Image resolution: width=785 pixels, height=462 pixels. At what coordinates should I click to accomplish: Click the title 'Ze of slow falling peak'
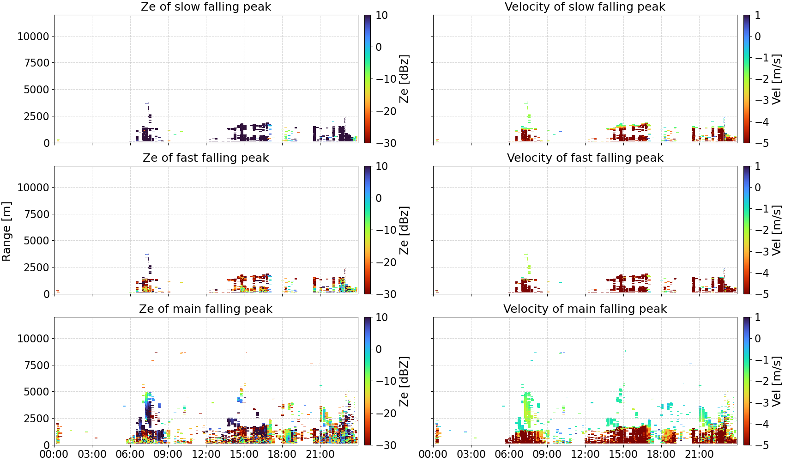tap(205, 6)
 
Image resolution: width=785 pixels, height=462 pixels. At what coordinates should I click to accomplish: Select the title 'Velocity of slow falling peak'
tap(585, 6)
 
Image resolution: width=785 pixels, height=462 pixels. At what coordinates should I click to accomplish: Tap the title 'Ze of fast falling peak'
tap(205, 158)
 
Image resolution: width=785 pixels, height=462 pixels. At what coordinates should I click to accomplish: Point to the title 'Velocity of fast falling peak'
tap(585, 158)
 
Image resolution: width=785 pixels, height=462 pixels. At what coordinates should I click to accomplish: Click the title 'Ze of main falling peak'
tap(205, 309)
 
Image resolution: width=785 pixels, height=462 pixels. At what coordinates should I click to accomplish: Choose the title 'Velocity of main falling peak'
tap(585, 309)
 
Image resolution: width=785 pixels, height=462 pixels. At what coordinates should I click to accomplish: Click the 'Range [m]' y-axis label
tap(6, 231)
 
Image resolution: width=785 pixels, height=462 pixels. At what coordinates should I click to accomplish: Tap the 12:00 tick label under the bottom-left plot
tap(206, 454)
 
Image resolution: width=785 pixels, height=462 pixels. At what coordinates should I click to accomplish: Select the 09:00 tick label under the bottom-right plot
tap(547, 454)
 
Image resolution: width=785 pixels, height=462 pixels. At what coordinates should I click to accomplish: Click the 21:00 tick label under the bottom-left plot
tap(320, 454)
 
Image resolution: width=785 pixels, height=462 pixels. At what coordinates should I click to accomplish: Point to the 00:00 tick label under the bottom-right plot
tap(433, 454)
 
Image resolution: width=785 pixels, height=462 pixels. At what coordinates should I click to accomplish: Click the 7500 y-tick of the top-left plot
tap(37, 63)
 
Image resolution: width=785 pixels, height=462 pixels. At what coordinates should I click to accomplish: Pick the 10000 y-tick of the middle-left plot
tap(34, 188)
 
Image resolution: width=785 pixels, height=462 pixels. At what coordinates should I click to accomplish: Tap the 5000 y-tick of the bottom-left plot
tap(37, 391)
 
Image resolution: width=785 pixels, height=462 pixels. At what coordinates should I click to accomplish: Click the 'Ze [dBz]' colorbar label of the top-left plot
tap(404, 79)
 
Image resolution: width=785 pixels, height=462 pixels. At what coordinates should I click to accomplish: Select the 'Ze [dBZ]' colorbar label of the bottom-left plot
tap(404, 381)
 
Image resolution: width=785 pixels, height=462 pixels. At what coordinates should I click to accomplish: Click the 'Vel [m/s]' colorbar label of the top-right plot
tap(777, 79)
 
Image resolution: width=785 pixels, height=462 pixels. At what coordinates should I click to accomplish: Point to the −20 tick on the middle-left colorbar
tap(386, 262)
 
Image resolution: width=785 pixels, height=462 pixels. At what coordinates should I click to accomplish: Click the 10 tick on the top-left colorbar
tap(381, 15)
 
